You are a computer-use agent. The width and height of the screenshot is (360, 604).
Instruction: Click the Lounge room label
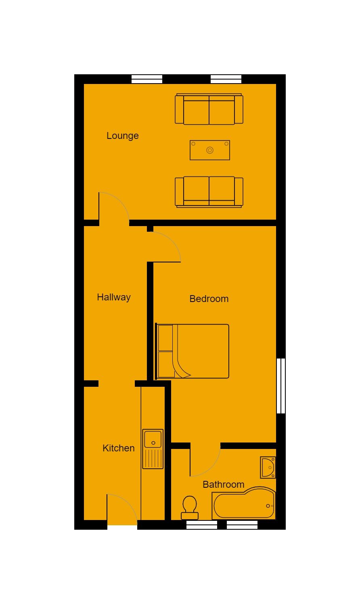pyautogui.click(x=123, y=136)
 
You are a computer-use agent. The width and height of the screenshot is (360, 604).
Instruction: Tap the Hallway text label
pyautogui.click(x=114, y=297)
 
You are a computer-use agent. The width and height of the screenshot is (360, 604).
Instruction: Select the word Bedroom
pyautogui.click(x=209, y=299)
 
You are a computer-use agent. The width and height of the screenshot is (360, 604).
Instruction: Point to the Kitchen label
pyautogui.click(x=119, y=448)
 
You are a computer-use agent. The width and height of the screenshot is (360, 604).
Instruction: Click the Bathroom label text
pyautogui.click(x=223, y=484)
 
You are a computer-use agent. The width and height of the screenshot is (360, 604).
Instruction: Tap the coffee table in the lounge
pyautogui.click(x=210, y=150)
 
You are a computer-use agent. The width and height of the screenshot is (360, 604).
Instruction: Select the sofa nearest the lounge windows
pyautogui.click(x=209, y=109)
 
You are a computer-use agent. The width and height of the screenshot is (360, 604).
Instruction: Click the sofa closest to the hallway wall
pyautogui.click(x=209, y=192)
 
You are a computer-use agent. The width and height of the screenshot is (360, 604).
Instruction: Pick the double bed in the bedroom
pyautogui.click(x=193, y=351)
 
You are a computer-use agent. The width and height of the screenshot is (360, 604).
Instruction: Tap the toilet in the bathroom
pyautogui.click(x=190, y=508)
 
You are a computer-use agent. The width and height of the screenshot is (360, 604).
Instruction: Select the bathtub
pyautogui.click(x=244, y=503)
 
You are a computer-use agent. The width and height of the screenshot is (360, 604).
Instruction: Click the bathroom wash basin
pyautogui.click(x=268, y=467)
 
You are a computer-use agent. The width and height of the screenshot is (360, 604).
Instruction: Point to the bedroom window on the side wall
pyautogui.click(x=281, y=386)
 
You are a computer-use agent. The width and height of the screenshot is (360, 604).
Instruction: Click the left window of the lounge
pyautogui.click(x=147, y=79)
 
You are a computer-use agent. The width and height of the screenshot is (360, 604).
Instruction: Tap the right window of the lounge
pyautogui.click(x=226, y=79)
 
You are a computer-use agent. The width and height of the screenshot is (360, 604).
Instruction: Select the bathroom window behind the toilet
pyautogui.click(x=202, y=525)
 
